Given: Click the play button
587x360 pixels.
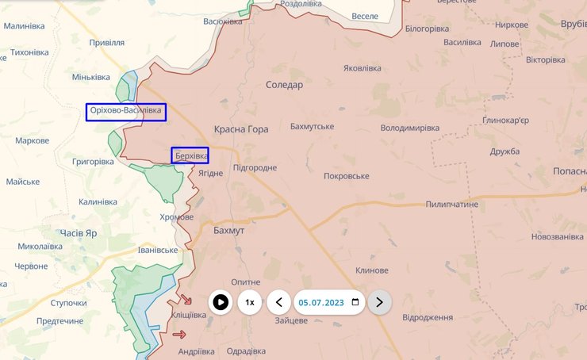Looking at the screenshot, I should tap(221, 302).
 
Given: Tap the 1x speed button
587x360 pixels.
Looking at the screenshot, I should tap(250, 302).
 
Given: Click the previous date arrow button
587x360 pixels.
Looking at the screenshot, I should tap(278, 302).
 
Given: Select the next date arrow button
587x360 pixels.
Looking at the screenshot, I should tap(379, 302).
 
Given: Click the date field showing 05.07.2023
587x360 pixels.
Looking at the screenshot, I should tap(320, 302).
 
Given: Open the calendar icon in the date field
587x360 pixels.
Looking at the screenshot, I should tap(355, 302).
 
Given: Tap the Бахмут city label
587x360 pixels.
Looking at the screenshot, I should tap(229, 230).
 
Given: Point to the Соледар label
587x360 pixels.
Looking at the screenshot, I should tap(284, 85).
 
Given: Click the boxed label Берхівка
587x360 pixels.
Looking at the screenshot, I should tap(190, 155).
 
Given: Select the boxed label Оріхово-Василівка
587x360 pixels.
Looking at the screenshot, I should tap(127, 112).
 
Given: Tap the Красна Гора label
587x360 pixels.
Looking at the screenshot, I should tap(241, 128).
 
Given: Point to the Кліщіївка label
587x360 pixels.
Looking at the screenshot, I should tap(189, 315).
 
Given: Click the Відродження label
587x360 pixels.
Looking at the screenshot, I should tap(428, 317).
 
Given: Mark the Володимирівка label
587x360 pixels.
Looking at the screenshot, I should tap(410, 128).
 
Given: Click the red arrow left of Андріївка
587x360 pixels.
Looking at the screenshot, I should tap(178, 335).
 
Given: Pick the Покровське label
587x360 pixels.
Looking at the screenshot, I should tap(347, 175).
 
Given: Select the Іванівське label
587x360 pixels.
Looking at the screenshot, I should tap(158, 250).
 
